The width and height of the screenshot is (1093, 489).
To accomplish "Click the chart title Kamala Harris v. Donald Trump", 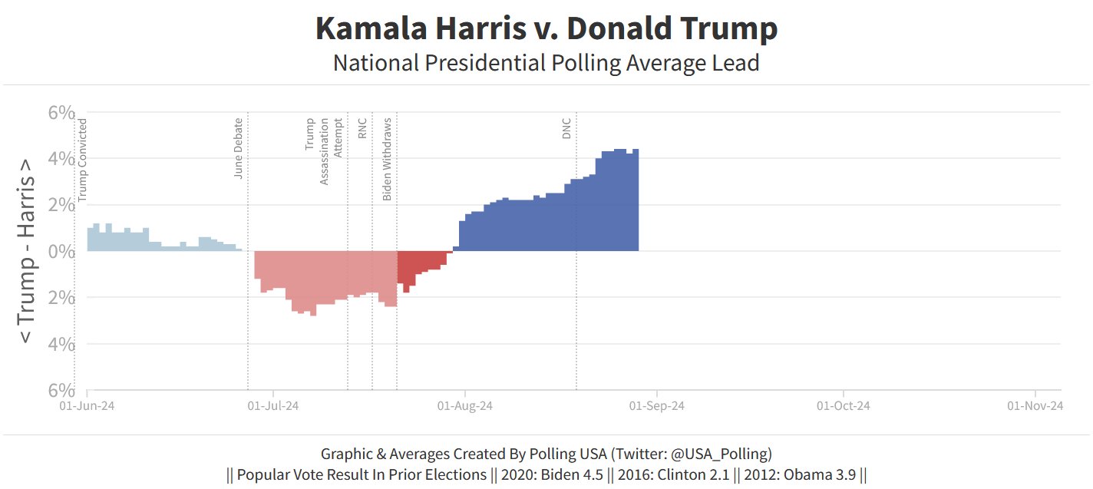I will click(x=546, y=29).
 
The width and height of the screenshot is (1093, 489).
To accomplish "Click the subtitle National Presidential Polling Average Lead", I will click(x=546, y=62).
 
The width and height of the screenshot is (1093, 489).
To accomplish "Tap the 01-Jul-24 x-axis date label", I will click(x=274, y=405).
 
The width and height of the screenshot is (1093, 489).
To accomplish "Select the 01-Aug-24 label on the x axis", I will click(x=464, y=405).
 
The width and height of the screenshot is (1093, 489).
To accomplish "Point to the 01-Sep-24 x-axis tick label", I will click(x=655, y=405).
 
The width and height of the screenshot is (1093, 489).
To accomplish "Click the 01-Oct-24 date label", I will click(x=844, y=405).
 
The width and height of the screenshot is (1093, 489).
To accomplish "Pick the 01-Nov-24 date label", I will click(x=1035, y=405).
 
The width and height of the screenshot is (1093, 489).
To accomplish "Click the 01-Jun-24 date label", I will click(x=87, y=405).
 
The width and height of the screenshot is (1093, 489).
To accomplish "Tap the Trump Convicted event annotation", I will click(x=83, y=160).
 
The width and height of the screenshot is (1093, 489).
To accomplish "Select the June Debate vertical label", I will click(x=239, y=148).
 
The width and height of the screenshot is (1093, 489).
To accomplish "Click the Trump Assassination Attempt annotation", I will click(x=324, y=150).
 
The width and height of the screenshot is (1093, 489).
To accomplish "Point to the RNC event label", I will click(x=362, y=127).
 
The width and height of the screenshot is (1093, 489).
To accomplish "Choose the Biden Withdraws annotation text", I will click(x=388, y=159).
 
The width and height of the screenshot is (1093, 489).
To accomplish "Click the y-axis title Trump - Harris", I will click(x=26, y=251).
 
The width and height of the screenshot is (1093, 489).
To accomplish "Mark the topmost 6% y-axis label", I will click(x=61, y=113).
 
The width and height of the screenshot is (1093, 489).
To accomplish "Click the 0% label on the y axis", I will click(x=61, y=251).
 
